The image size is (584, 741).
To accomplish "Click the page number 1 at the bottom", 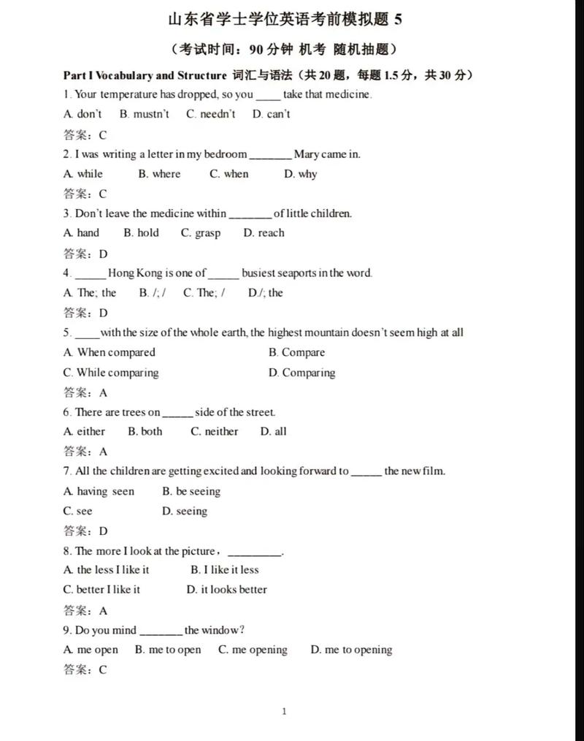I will pyautogui.click(x=284, y=712).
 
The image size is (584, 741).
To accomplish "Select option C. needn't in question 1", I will pyautogui.click(x=210, y=114).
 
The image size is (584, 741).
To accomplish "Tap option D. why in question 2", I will pyautogui.click(x=300, y=174).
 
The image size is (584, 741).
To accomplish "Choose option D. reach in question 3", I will pyautogui.click(x=264, y=233).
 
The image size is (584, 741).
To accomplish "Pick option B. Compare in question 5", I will pyautogui.click(x=296, y=352).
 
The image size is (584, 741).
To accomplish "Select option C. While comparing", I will pyautogui.click(x=110, y=373).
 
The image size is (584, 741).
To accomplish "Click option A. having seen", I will pyautogui.click(x=99, y=492).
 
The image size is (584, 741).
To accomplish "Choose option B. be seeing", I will pyautogui.click(x=191, y=492).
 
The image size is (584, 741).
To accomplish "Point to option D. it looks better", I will pyautogui.click(x=226, y=590).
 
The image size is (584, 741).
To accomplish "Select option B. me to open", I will pyautogui.click(x=168, y=650).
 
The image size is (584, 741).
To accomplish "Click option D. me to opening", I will pyautogui.click(x=351, y=650).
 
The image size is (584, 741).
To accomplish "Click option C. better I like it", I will pyautogui.click(x=101, y=590).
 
